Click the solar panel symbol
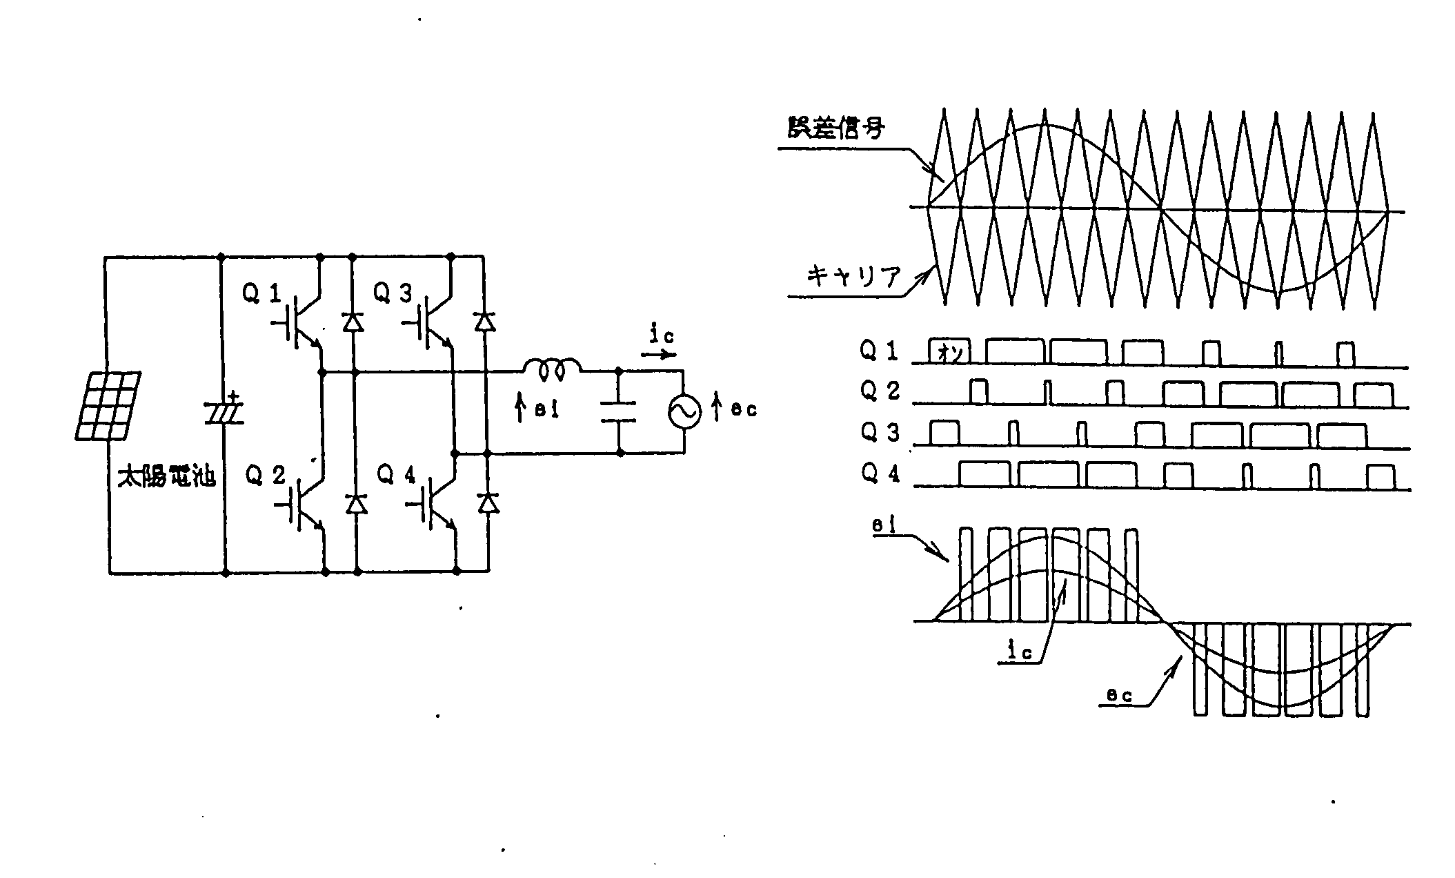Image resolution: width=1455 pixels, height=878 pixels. (x=107, y=406)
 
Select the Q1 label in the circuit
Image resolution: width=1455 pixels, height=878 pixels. (x=261, y=294)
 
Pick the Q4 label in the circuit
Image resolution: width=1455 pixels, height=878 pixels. (x=396, y=475)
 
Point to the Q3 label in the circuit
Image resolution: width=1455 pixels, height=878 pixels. (x=393, y=294)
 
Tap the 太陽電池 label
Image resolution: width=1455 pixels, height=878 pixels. (x=167, y=478)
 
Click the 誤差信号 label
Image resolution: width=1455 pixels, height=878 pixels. (x=836, y=128)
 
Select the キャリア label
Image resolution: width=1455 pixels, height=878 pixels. (x=853, y=277)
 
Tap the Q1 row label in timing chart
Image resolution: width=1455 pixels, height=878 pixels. (x=878, y=351)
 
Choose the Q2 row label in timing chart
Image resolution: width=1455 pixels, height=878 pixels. (x=880, y=391)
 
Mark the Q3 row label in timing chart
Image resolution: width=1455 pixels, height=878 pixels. (x=880, y=432)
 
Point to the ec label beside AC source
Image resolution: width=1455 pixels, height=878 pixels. (x=744, y=410)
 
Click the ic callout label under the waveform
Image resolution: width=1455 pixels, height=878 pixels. (x=1020, y=652)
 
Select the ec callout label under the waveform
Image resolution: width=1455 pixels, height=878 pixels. (x=1119, y=696)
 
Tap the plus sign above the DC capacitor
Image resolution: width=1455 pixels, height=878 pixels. (x=234, y=397)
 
